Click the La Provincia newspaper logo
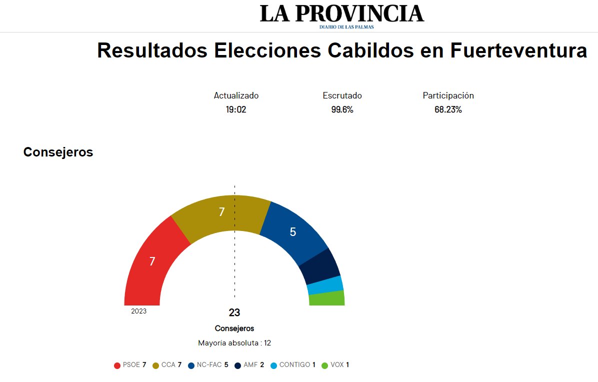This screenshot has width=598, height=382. point(341,15)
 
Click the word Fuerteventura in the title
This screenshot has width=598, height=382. point(518,51)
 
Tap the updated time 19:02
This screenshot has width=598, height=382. point(236,109)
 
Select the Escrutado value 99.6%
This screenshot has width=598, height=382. point(342,109)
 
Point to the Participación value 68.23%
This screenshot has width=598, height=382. point(448,109)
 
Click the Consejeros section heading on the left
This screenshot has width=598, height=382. point(58,152)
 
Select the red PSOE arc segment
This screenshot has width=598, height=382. point(152,261)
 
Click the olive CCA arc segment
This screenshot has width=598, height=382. point(221,212)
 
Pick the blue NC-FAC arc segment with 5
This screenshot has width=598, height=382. point(293,232)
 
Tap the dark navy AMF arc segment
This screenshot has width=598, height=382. point(319,266)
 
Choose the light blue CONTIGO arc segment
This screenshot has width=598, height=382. point(325,285)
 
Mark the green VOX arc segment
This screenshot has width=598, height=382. point(326,298)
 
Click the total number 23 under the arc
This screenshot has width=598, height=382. point(234,313)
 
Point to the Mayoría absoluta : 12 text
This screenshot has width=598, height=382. point(234,343)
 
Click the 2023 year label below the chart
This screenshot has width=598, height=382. point(139,311)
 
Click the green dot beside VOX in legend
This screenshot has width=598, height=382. point(324,365)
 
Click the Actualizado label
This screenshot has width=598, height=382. point(236,95)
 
